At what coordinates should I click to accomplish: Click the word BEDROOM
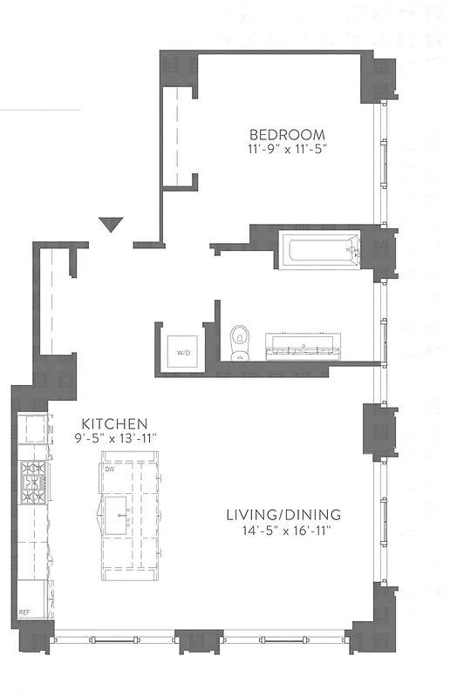pyautogui.click(x=287, y=134)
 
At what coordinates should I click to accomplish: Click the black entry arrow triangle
pyautogui.click(x=110, y=225)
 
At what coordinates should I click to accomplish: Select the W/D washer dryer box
pyautogui.click(x=184, y=351)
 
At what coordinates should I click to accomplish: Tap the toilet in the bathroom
pyautogui.click(x=239, y=341)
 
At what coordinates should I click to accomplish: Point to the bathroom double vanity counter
pyautogui.click(x=302, y=347)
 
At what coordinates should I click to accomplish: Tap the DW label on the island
pyautogui.click(x=110, y=470)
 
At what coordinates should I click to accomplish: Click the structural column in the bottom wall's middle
pyautogui.click(x=198, y=639)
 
